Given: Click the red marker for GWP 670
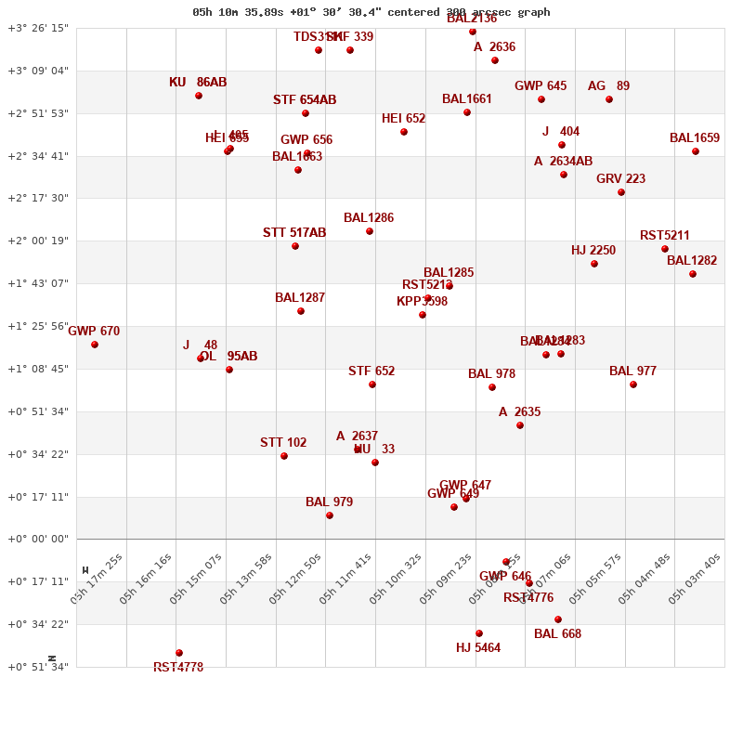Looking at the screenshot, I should [95, 345].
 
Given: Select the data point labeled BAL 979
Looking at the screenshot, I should [330, 515].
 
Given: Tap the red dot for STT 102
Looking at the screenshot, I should [284, 456].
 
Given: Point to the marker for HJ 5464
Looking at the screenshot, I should [479, 633].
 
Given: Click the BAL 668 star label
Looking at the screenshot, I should [557, 634].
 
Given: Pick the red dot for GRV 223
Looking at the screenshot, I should [621, 192].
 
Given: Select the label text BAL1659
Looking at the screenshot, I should [695, 138].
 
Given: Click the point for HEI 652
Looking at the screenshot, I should [404, 132].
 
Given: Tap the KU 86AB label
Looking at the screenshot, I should [198, 83].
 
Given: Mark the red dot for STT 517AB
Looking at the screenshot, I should [295, 246].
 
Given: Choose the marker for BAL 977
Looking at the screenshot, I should [633, 385].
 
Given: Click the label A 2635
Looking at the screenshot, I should [519, 412].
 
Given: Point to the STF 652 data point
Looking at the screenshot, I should [372, 385].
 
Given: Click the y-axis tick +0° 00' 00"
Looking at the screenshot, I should [38, 540].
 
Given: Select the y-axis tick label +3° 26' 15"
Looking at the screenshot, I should [38, 28].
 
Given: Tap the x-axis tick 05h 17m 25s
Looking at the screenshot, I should [97, 579].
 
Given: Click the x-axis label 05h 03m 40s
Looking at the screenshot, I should [695, 579].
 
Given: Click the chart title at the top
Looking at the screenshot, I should [371, 12].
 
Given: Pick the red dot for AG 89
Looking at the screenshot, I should [609, 99].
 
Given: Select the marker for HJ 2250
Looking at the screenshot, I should [594, 264].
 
